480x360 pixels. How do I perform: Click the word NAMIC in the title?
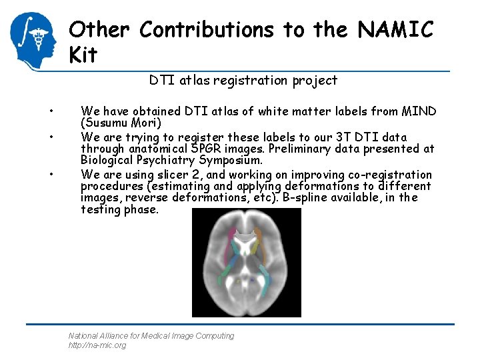click(396, 30)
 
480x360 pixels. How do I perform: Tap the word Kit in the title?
click(83, 55)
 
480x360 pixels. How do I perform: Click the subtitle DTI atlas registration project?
click(243, 81)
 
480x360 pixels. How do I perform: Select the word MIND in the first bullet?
click(417, 111)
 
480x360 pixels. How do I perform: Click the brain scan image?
click(246, 262)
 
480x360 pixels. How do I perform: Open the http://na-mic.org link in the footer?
click(97, 345)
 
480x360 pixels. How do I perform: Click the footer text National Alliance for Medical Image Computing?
click(151, 336)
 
